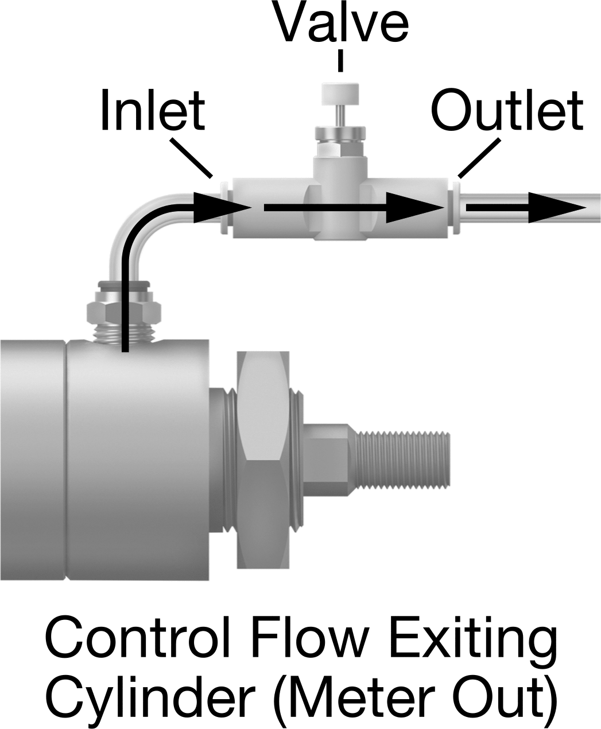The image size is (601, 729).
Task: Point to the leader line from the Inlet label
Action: tap(191, 158)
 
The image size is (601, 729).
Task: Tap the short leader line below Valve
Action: tap(340, 61)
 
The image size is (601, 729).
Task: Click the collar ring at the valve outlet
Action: tap(455, 208)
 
